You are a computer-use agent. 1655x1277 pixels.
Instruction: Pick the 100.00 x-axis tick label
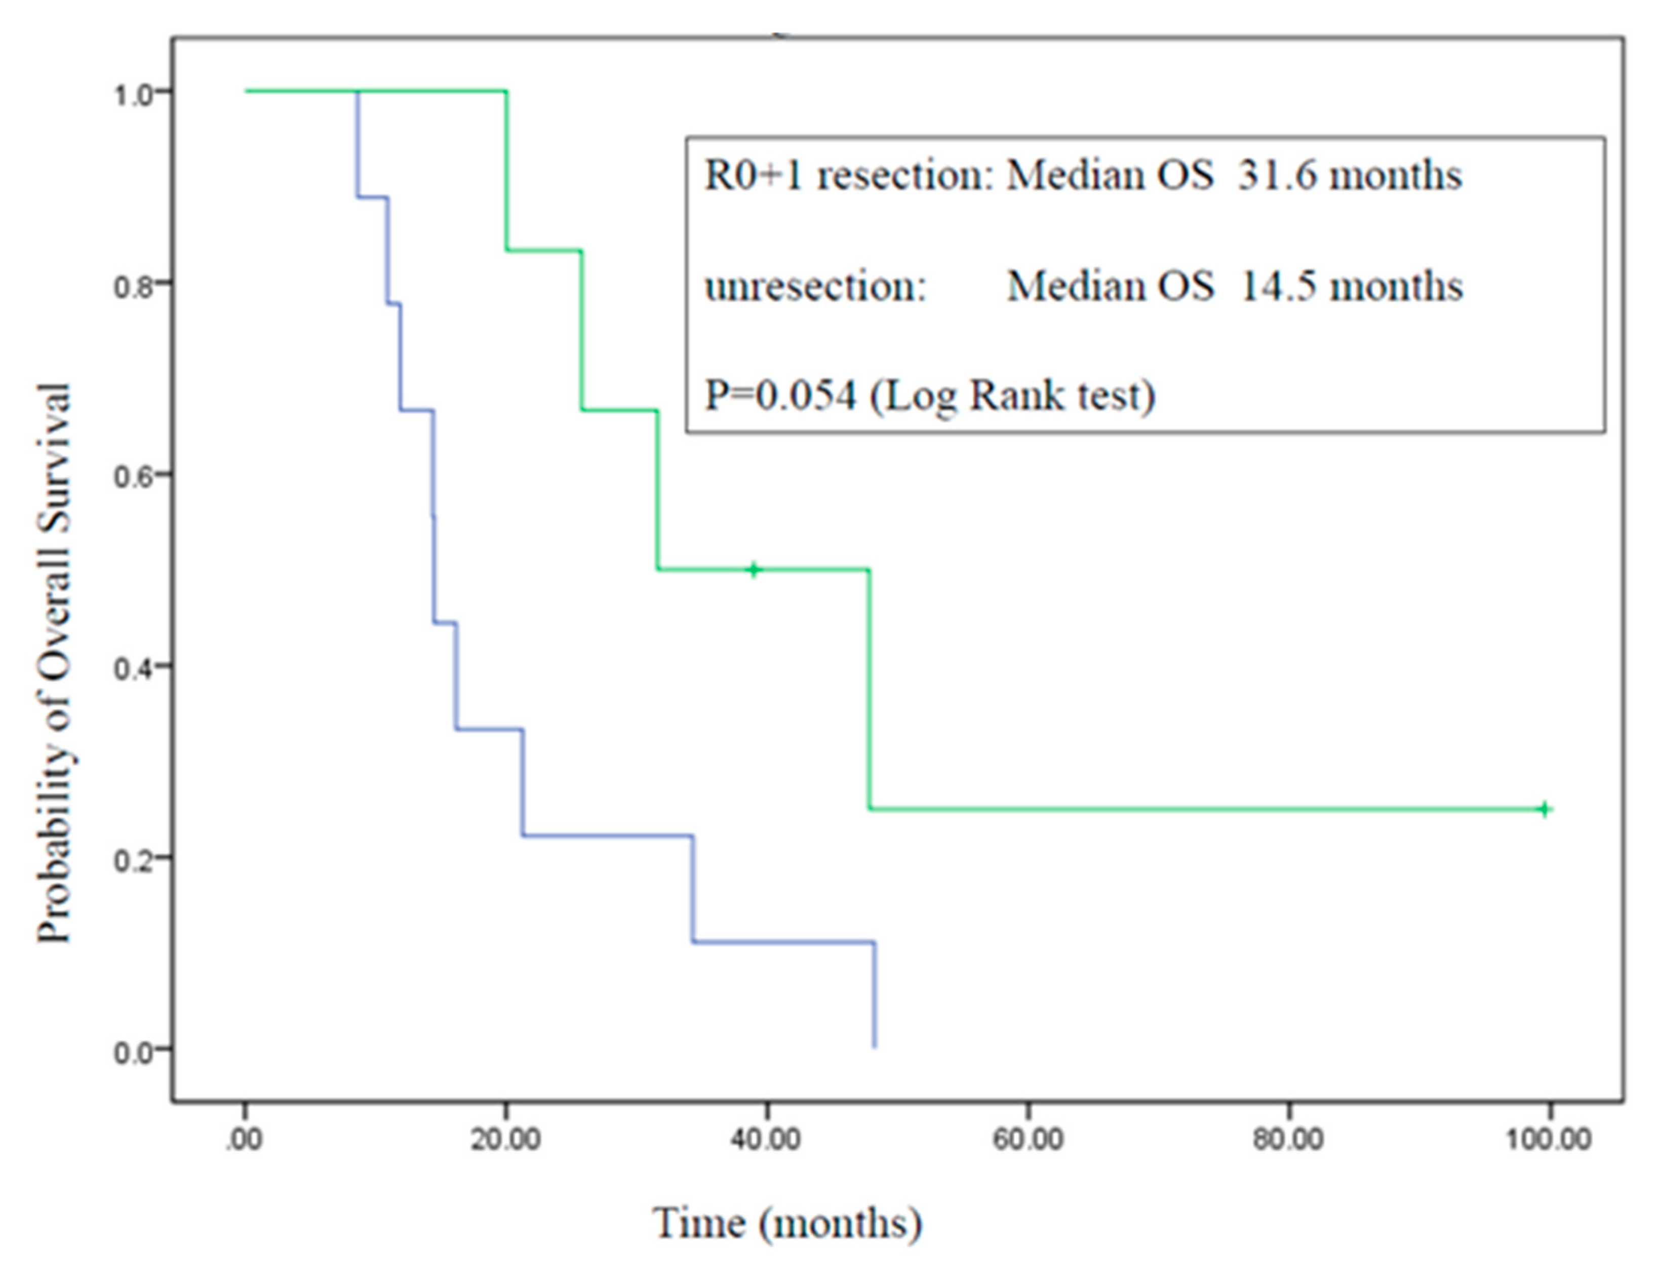1548,1139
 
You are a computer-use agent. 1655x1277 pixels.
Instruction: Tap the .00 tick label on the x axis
244,1139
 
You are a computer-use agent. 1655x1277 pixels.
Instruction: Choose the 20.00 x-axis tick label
505,1139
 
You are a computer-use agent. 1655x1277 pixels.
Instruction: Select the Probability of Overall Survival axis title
55,663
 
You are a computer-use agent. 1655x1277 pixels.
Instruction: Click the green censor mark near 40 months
753,569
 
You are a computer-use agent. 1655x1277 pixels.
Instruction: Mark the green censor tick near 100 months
1545,810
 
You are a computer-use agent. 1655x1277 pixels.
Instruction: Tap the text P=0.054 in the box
780,395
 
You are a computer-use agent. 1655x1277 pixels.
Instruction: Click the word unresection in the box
815,287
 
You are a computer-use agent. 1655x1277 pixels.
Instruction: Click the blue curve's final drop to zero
875,994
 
